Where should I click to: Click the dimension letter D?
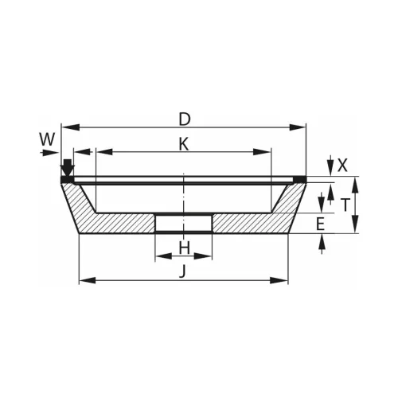185,119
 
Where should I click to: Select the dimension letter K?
184,144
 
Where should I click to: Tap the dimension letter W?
48,139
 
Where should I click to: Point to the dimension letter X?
342,166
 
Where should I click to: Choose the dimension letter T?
345,205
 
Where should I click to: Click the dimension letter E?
321,224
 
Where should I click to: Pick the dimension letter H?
184,248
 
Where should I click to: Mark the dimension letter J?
182,271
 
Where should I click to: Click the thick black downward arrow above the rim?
68,168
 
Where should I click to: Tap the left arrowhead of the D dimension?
71,127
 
